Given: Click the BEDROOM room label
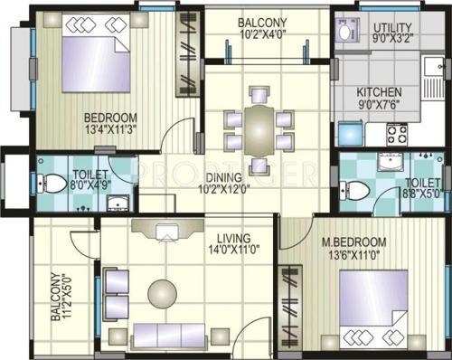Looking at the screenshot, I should (110, 118).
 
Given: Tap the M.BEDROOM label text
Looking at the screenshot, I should (354, 242).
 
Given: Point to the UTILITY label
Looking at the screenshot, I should (395, 28).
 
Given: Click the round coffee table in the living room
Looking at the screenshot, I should (163, 291).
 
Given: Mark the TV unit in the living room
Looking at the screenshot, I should (166, 232).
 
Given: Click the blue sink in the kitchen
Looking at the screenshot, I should (347, 135).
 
